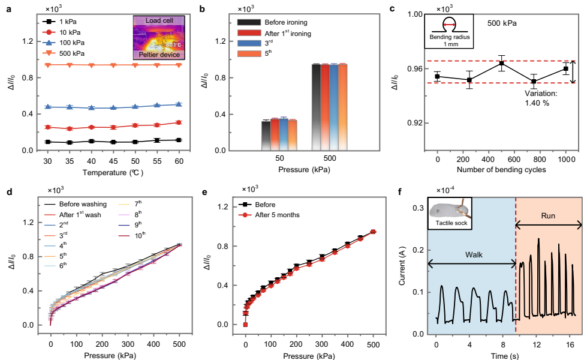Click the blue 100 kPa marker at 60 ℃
179,104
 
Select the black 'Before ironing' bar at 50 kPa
266,135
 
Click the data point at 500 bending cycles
502,63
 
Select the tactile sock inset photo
450,212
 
